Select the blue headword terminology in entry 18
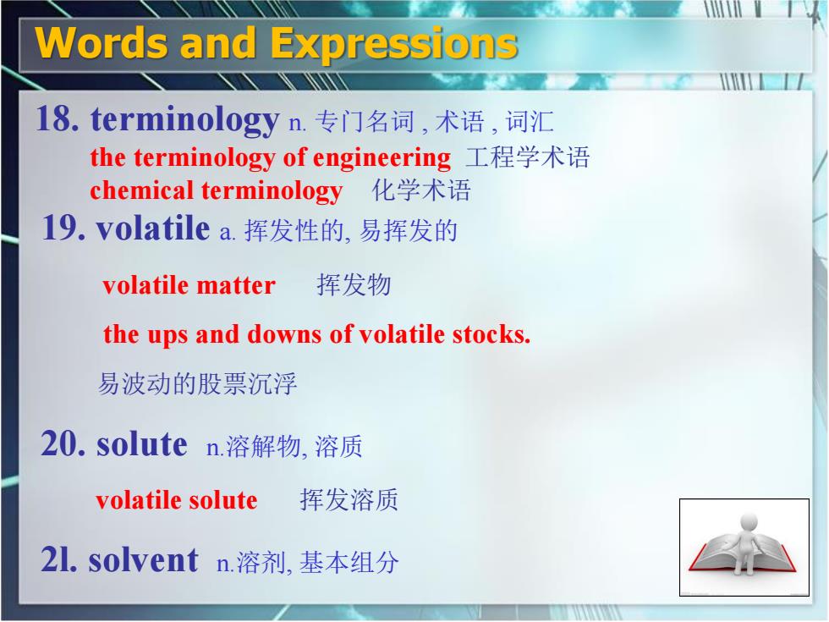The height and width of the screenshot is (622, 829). pyautogui.click(x=184, y=121)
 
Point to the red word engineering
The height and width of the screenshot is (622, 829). pyautogui.click(x=382, y=159)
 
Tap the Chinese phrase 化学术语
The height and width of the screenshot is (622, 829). pyautogui.click(x=421, y=190)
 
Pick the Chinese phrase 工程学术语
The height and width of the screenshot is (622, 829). pyautogui.click(x=527, y=157)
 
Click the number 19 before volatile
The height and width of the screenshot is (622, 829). pyautogui.click(x=63, y=228)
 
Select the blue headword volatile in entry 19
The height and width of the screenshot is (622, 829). pyautogui.click(x=153, y=228)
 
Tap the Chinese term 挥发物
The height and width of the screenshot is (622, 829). pyautogui.click(x=354, y=284)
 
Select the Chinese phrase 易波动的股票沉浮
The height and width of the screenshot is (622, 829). pyautogui.click(x=197, y=383)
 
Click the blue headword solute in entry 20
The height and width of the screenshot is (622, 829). pyautogui.click(x=142, y=443)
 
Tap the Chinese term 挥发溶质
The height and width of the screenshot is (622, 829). pyautogui.click(x=349, y=500)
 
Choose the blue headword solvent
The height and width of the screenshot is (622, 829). pyautogui.click(x=143, y=560)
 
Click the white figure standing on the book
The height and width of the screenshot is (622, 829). pyautogui.click(x=745, y=543)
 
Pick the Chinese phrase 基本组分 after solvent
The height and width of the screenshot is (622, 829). pyautogui.click(x=349, y=562)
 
